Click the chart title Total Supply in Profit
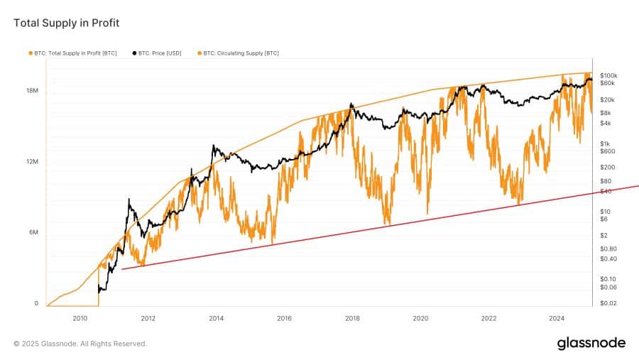click(x=67, y=23)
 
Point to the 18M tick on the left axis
click(x=32, y=91)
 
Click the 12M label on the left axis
click(x=32, y=162)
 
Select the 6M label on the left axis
click(x=33, y=233)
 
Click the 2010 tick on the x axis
click(x=80, y=318)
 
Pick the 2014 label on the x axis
click(x=216, y=318)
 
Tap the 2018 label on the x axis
click(x=352, y=318)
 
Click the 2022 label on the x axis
click(x=488, y=318)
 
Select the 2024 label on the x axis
click(x=557, y=318)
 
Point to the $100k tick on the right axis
click(x=608, y=75)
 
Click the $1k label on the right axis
click(x=605, y=143)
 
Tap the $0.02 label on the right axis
click(x=608, y=303)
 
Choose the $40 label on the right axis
click(x=605, y=191)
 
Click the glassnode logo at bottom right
click(x=591, y=343)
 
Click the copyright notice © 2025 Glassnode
click(x=80, y=344)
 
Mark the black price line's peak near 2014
click(x=214, y=146)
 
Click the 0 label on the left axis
click(x=35, y=303)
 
